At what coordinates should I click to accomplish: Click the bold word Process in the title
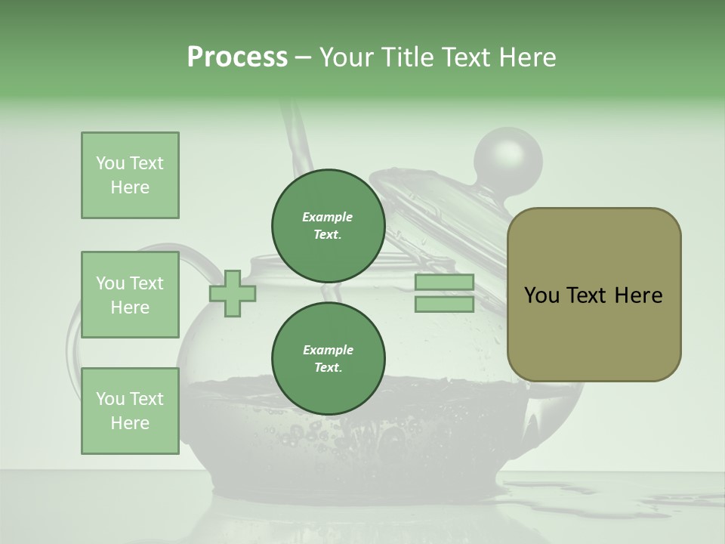coord(237,57)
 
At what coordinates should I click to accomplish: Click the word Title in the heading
coord(409,57)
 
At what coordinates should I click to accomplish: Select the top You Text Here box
coord(130,175)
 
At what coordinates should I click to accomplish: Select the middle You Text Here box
coord(130,295)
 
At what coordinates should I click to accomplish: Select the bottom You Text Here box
coord(130,410)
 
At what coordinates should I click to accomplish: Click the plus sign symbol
coord(233,293)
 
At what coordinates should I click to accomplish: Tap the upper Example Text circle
coord(329,225)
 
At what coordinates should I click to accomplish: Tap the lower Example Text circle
coord(329,358)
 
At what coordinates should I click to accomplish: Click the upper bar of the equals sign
coord(445,283)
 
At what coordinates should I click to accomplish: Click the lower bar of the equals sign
coord(445,304)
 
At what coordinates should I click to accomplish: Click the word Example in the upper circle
coord(328,217)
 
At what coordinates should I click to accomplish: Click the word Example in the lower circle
coord(328,350)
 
